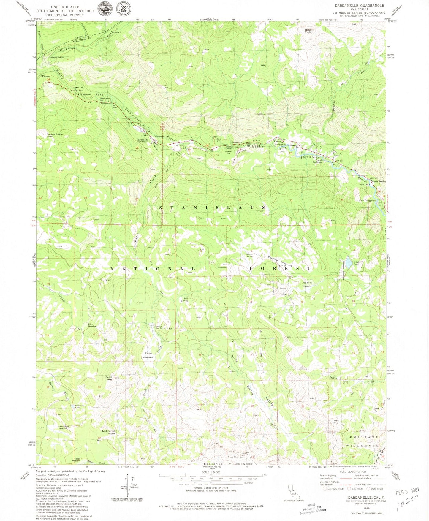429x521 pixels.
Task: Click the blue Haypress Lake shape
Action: [349, 263]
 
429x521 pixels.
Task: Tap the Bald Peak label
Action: [308, 31]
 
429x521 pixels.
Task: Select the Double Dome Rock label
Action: [54, 135]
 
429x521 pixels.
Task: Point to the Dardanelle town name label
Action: [142, 140]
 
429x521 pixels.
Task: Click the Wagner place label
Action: [45, 76]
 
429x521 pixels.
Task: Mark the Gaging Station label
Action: [57, 57]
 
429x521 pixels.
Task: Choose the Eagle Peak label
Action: [109, 379]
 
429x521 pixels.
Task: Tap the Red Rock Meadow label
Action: [307, 284]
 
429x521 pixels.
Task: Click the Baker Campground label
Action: [368, 201]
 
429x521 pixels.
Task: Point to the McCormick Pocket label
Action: [109, 432]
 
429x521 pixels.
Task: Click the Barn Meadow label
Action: [92, 325]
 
